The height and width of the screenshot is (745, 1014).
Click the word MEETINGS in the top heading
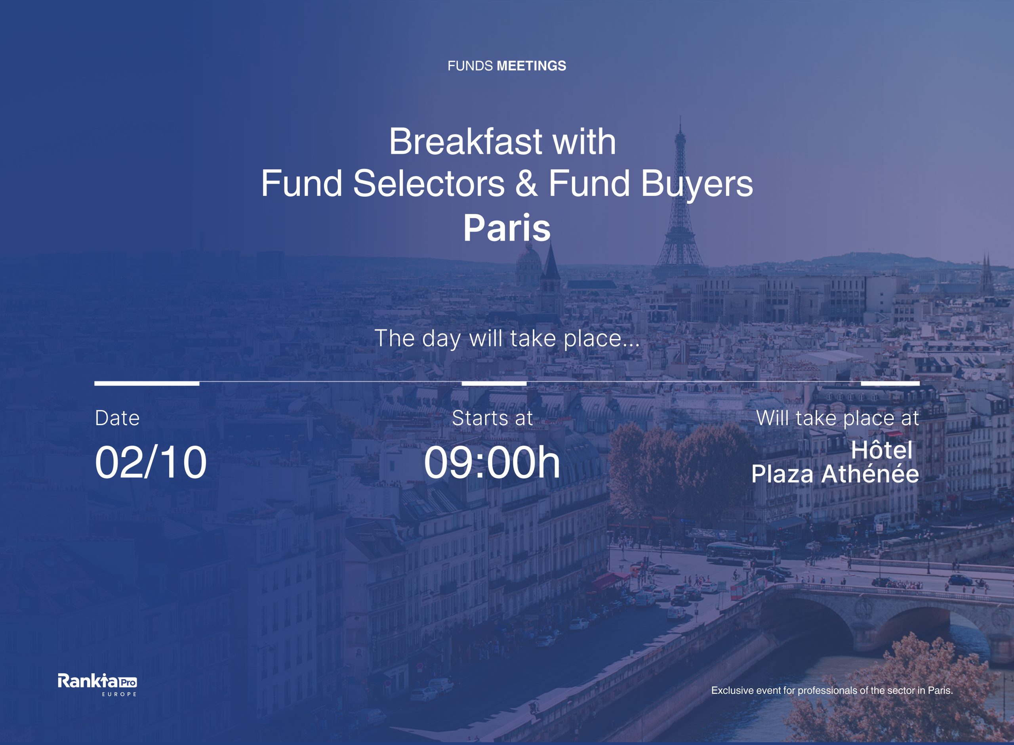click(x=531, y=66)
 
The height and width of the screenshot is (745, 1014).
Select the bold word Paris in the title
click(x=507, y=228)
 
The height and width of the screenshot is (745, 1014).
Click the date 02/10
click(x=151, y=462)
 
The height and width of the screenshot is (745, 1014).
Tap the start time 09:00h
click(x=492, y=462)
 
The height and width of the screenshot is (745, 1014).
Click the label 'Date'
click(x=117, y=418)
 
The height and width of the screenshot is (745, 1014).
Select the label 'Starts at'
click(x=492, y=418)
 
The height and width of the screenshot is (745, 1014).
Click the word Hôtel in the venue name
click(x=882, y=450)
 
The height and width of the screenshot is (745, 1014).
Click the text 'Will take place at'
click(x=837, y=418)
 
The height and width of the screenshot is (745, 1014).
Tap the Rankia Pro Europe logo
click(x=97, y=684)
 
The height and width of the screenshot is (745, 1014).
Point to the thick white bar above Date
click(x=147, y=383)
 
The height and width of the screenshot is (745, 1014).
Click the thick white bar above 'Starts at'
click(x=494, y=383)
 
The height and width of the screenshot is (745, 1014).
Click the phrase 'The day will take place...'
click(x=507, y=338)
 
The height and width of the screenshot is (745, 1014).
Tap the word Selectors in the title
click(x=429, y=183)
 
